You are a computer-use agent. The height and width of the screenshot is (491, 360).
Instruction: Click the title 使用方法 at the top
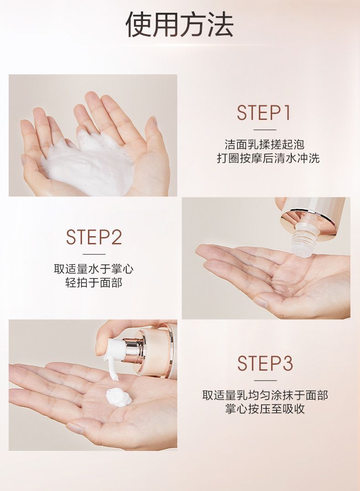click(x=180, y=25)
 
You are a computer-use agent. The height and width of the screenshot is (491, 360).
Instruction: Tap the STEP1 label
click(x=264, y=113)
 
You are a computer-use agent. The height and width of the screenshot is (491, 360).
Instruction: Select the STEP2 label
click(x=93, y=237)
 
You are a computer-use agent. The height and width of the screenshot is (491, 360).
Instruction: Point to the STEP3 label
click(x=265, y=363)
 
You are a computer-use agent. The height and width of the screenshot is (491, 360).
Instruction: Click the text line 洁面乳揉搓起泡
click(x=264, y=145)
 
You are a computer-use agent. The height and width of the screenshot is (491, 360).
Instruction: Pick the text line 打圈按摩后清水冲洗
click(x=268, y=158)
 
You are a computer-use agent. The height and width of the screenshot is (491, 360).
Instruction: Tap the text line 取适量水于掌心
click(x=93, y=269)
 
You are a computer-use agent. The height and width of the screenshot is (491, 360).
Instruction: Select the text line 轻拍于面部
click(x=93, y=283)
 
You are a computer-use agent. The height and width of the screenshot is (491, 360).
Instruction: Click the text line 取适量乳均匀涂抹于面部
click(x=265, y=395)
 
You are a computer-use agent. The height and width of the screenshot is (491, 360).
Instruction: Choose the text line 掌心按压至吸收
click(x=265, y=409)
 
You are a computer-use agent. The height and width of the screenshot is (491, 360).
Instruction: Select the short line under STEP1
click(x=264, y=129)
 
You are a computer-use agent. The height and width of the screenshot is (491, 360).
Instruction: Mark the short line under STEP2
click(x=93, y=254)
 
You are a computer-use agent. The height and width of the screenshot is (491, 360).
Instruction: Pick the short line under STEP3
click(x=265, y=381)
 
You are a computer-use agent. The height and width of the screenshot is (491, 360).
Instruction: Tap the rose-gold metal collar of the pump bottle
click(x=133, y=347)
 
